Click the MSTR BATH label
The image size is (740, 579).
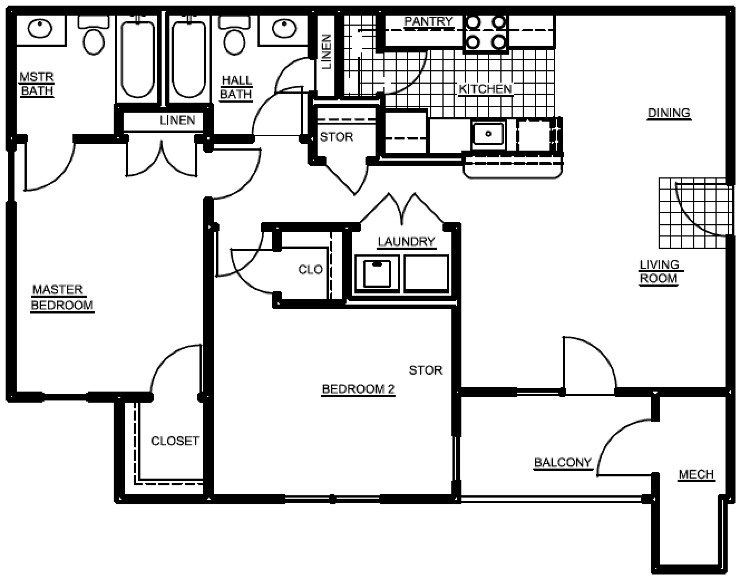37,84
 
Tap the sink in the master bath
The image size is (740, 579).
40,28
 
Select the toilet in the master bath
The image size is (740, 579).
94,35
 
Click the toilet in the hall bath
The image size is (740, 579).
234,35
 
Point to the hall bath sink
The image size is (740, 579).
284,28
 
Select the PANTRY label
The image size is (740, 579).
429,21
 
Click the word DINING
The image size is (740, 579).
669,113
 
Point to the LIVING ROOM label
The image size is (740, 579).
660,272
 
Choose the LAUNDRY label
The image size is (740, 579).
406,242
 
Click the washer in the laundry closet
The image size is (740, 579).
377,274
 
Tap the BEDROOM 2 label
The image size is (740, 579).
358,389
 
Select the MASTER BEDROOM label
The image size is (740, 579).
62,298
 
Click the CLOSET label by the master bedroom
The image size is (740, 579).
175,441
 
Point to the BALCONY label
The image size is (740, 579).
563,463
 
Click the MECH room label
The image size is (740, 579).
696,475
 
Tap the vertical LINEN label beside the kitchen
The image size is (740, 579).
326,52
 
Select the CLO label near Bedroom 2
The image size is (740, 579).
310,270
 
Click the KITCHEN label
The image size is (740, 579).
485,90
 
